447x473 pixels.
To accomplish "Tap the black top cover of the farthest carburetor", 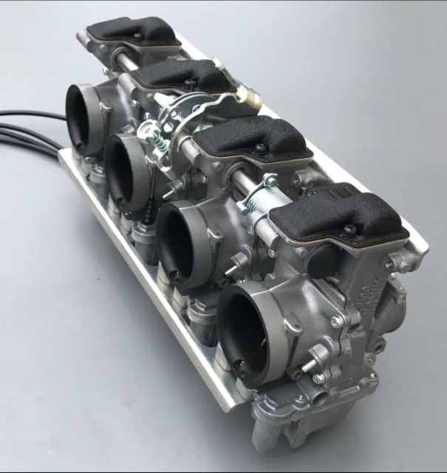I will point(133,30).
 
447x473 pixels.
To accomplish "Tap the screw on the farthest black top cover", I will point(138,35).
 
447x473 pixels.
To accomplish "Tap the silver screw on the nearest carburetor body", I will point(336,321).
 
